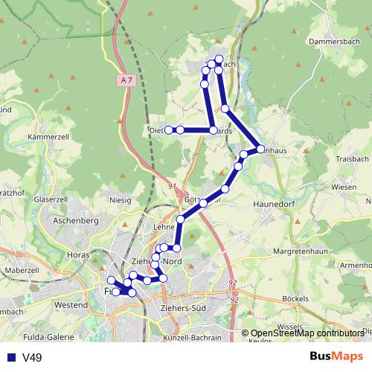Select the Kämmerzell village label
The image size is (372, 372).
[48, 138]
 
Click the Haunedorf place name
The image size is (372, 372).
[275, 202]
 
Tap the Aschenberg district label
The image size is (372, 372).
[77, 222]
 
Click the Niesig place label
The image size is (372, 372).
[120, 199]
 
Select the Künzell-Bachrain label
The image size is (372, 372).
[191, 338]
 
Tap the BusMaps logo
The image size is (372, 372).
[336, 357]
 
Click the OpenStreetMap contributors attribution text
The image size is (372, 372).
[307, 334]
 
